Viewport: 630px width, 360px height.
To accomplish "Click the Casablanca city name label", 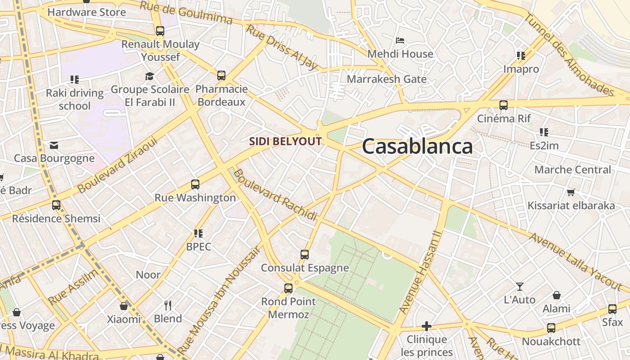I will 417,147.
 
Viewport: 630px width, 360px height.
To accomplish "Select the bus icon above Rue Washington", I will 195,184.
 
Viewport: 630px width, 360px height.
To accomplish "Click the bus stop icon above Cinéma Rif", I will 503,105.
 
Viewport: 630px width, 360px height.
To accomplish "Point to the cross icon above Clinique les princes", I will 427,326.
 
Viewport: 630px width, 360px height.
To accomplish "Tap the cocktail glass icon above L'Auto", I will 520,286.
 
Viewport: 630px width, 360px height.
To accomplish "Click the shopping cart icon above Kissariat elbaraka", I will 571,193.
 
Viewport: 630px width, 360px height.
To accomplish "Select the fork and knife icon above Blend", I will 168,306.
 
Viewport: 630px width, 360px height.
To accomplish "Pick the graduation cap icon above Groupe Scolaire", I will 149,76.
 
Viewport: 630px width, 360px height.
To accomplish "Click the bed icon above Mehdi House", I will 400,40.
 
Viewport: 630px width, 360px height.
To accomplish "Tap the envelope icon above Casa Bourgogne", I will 54,145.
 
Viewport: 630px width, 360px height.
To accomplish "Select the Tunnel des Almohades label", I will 569,54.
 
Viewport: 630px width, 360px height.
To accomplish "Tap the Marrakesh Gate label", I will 387,79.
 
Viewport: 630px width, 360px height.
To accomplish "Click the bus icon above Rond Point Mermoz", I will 288,288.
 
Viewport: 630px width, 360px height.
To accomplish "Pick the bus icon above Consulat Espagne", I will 305,255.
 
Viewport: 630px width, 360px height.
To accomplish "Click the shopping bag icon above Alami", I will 557,295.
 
